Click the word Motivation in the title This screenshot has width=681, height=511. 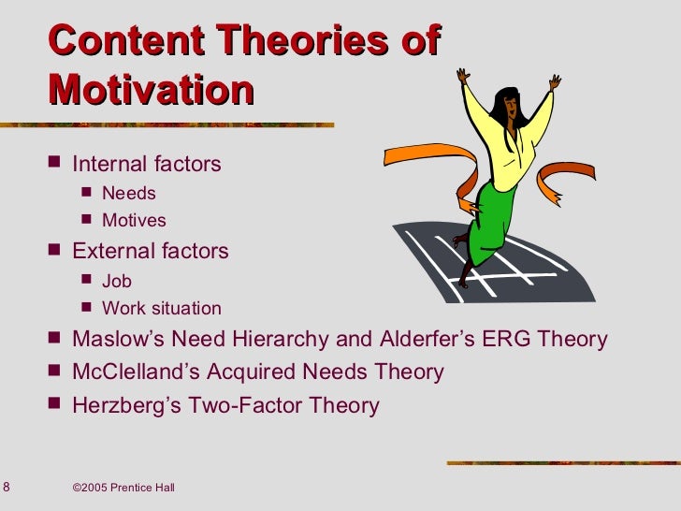click(151, 91)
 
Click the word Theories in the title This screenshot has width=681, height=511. click(280, 42)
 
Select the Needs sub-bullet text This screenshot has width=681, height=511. click(129, 194)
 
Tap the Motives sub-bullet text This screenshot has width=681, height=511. click(134, 221)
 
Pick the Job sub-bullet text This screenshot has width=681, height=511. click(117, 281)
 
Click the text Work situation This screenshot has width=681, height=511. click(162, 308)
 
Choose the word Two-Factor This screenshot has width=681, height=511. click(245, 406)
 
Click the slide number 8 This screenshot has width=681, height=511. click(7, 486)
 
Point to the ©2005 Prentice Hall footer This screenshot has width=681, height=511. click(123, 488)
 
